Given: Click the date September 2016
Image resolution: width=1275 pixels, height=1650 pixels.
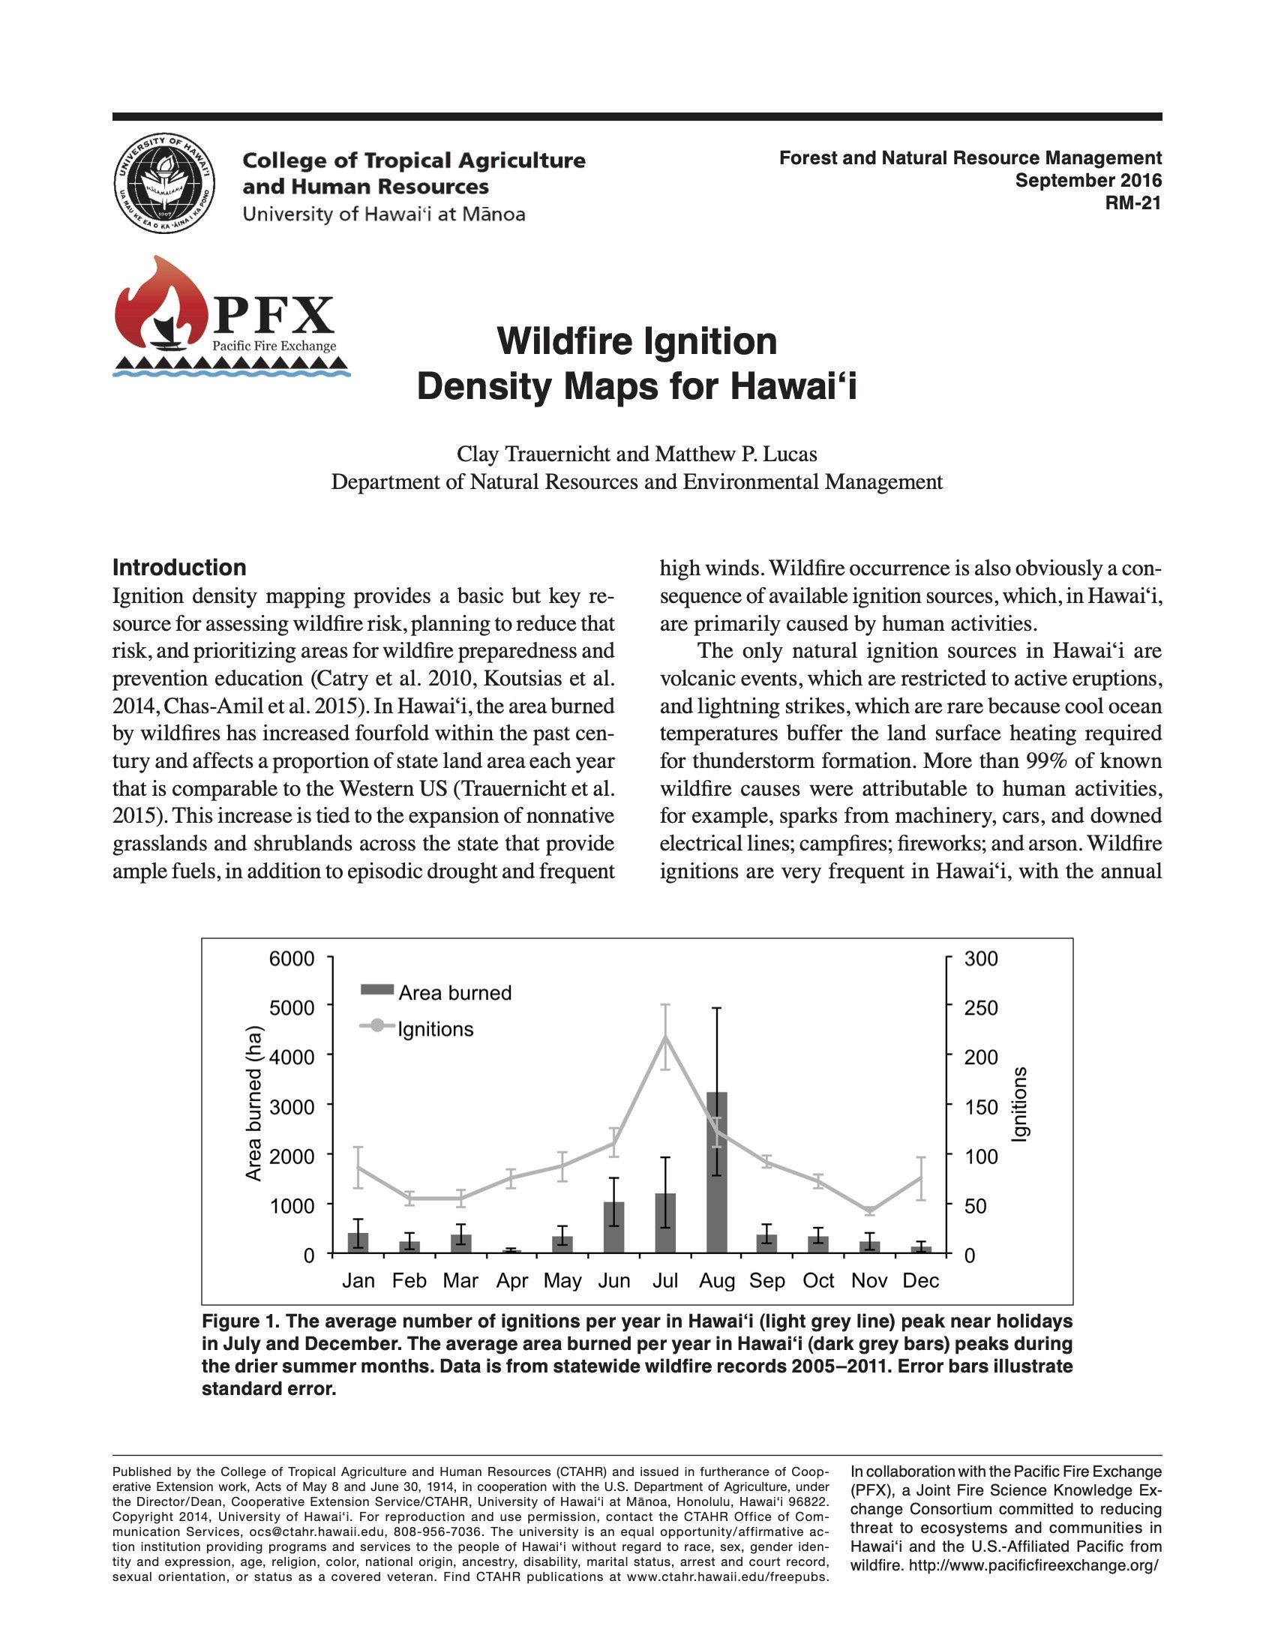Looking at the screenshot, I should (x=1087, y=181).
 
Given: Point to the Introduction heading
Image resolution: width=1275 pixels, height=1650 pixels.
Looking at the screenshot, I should (x=179, y=568).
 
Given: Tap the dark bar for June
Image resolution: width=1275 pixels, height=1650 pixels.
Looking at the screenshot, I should (x=614, y=1227).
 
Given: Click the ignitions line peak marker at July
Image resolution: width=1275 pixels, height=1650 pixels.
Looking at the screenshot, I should (x=664, y=1036).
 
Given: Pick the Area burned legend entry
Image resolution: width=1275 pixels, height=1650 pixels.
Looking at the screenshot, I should (x=436, y=993).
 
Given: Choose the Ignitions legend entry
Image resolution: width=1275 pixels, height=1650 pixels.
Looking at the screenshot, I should (x=417, y=1029).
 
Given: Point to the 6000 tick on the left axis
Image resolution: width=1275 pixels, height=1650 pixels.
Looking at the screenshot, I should (x=292, y=958).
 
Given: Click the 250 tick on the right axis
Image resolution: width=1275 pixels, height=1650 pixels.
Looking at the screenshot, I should (x=981, y=1008).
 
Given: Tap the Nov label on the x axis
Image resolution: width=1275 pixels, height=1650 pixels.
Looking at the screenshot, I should (x=868, y=1280).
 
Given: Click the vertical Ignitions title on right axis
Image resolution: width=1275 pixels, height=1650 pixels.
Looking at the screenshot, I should (x=1019, y=1104).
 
